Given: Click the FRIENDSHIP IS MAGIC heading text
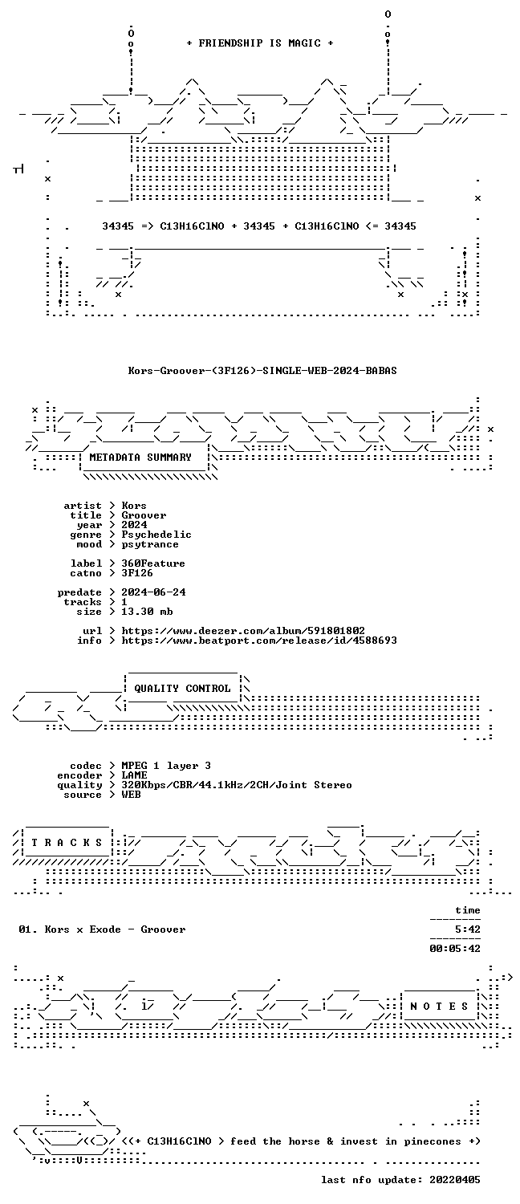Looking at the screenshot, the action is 259,43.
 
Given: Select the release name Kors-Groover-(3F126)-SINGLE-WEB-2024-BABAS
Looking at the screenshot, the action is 262,370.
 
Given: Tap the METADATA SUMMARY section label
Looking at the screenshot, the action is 140,458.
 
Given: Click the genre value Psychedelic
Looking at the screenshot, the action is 156,535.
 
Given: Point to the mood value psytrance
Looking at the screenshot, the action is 150,544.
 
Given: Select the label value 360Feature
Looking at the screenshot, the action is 153,563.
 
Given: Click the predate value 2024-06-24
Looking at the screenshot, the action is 153,592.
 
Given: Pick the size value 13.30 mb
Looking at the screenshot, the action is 147,612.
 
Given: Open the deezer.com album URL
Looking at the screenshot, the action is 243,631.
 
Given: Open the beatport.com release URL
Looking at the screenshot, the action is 259,641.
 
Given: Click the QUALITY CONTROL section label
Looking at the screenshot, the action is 182,689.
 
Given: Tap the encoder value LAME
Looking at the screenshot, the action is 134,775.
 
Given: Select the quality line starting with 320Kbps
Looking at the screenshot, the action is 237,785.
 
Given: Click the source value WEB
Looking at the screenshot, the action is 131,795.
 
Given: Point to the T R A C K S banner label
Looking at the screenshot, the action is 67,843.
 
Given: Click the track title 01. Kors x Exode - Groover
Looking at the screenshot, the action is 102,929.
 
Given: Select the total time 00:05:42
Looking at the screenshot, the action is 455,950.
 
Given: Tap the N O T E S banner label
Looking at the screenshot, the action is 439,1007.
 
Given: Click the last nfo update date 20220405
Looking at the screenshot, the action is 455,1181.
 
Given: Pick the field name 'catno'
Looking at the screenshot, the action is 86,574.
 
